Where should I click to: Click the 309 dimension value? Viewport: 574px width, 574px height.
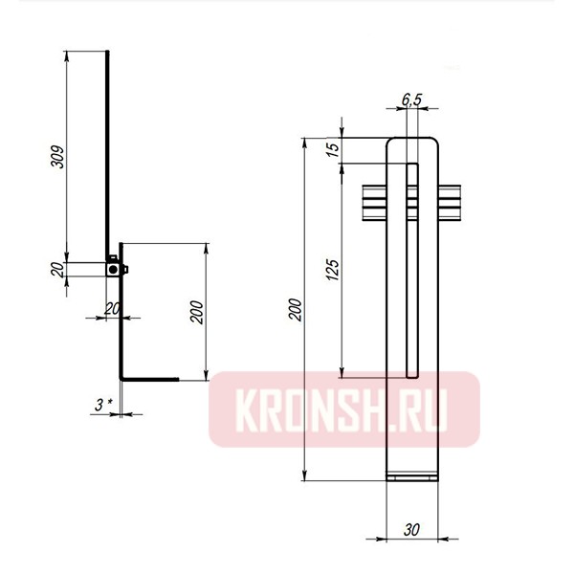(x=57, y=157)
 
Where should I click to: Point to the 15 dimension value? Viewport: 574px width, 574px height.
(x=331, y=151)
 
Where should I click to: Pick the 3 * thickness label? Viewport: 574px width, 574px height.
(x=104, y=405)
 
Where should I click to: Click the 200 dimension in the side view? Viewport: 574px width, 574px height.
(x=196, y=314)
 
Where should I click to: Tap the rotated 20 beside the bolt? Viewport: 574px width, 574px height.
(x=57, y=270)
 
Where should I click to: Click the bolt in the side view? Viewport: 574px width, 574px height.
(x=114, y=269)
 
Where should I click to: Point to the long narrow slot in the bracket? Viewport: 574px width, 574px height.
(x=413, y=268)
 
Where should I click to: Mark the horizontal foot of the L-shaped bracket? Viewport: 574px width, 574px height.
(x=148, y=380)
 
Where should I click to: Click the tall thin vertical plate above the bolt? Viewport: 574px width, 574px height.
(x=108, y=153)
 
